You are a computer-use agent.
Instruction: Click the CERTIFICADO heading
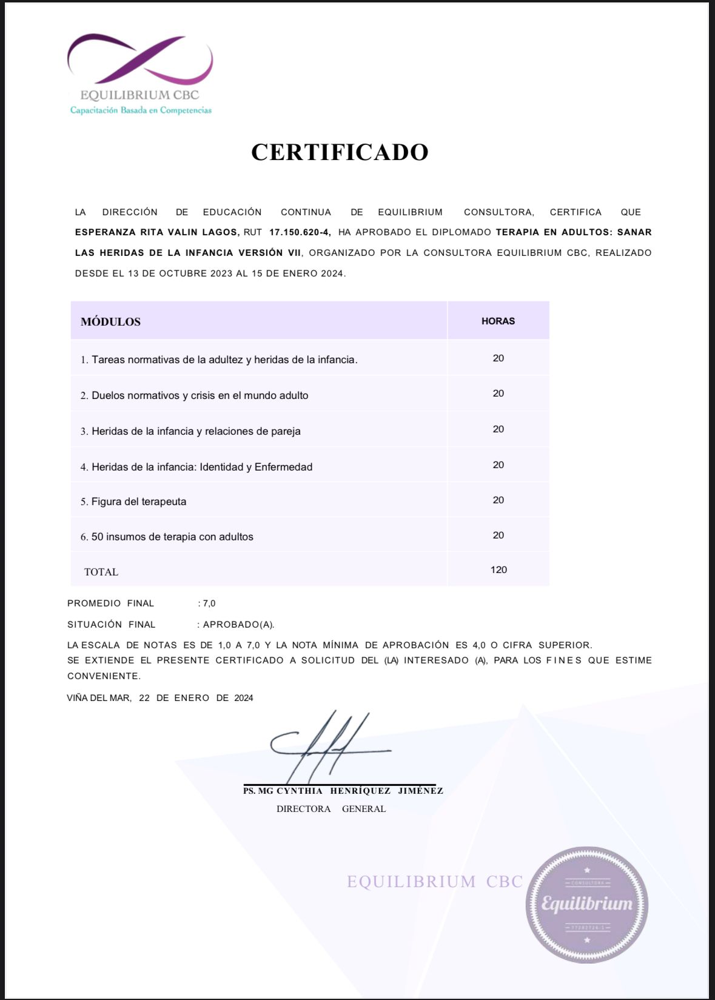point(340,152)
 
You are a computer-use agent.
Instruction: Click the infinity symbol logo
point(140,59)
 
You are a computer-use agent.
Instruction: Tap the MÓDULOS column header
point(111,322)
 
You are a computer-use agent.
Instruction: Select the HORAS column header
point(498,321)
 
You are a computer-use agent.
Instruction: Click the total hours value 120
point(498,570)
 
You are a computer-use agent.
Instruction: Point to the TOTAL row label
point(101,572)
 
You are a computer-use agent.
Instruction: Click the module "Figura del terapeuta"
point(138,502)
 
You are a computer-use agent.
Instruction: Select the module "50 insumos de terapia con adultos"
point(172,537)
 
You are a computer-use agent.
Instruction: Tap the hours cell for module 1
point(498,358)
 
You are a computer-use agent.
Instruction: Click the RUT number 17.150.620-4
point(300,232)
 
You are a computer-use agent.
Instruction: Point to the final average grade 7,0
point(209,603)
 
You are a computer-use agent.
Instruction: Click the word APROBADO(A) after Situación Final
point(238,625)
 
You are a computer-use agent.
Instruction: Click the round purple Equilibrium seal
point(586,904)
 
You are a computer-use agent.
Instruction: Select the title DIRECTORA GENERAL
point(331,809)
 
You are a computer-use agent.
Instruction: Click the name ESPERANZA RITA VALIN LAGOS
point(157,232)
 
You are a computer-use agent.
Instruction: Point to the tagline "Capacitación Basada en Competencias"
point(141,110)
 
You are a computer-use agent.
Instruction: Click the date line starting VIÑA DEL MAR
point(160,698)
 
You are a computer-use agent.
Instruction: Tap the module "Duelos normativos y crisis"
point(200,395)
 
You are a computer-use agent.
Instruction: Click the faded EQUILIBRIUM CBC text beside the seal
point(434,882)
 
